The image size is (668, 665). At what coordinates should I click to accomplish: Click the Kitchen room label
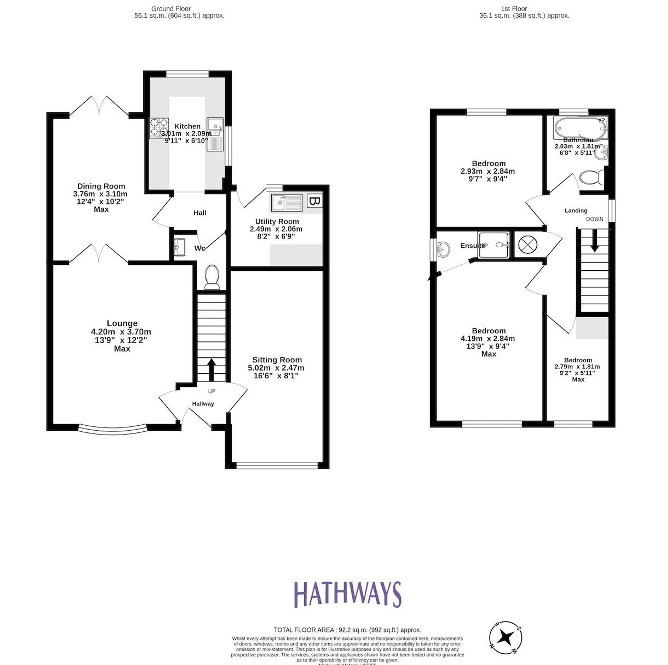187,126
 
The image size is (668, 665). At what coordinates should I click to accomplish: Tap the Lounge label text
122,323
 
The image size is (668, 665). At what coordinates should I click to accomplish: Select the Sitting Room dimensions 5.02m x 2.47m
276,368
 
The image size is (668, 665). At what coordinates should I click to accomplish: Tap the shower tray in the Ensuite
493,245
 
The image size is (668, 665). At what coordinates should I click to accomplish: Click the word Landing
576,211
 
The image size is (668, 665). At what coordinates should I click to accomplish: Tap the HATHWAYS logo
347,594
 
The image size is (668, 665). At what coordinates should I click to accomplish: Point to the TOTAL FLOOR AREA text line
347,630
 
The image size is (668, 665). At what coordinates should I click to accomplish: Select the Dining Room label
101,186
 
